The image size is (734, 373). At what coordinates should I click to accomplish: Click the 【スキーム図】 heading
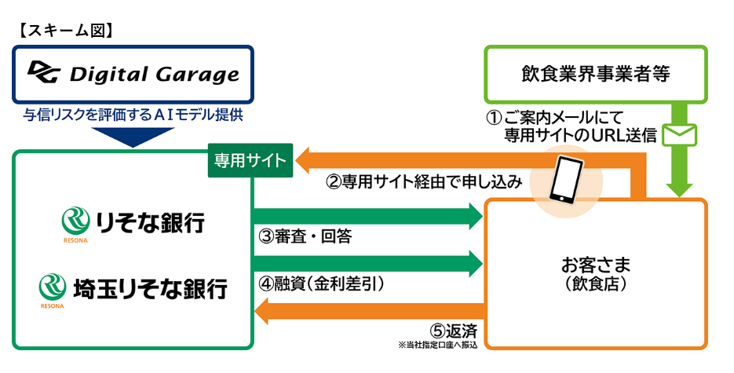[66, 31]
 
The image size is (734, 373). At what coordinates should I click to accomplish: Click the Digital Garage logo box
[133, 75]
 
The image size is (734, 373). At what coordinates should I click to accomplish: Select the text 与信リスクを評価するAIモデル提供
[133, 115]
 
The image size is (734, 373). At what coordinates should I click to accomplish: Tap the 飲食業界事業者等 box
[596, 75]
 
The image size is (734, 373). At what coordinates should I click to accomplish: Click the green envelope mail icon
[680, 135]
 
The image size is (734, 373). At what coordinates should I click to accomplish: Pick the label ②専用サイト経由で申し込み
[424, 183]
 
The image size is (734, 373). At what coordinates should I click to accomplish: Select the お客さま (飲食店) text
[596, 271]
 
